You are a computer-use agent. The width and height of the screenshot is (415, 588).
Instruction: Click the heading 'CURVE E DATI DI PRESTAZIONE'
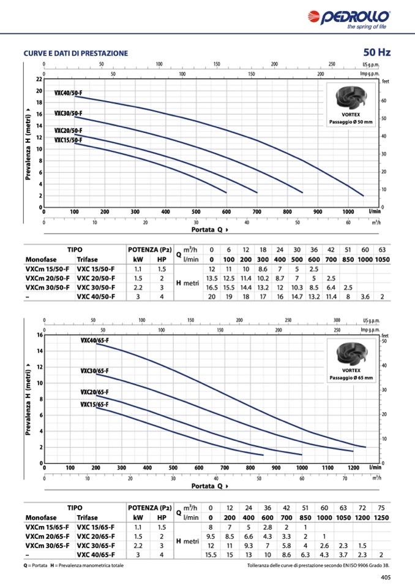[x=76, y=53]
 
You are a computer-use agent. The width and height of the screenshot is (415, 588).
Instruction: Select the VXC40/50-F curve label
[x=68, y=93]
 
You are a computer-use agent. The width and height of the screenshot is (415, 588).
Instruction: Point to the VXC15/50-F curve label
[x=68, y=140]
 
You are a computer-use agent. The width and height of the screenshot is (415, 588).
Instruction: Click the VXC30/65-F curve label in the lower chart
[x=94, y=371]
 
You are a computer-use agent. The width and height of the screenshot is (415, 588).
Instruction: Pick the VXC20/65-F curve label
[x=94, y=392]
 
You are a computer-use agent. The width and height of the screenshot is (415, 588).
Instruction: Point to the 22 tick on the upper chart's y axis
[x=39, y=80]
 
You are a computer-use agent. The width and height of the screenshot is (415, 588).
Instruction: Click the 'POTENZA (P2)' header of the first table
[x=149, y=250]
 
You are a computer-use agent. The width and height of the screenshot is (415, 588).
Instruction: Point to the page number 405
[x=386, y=577]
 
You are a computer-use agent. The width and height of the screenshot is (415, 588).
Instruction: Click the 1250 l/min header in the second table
[x=381, y=517]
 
